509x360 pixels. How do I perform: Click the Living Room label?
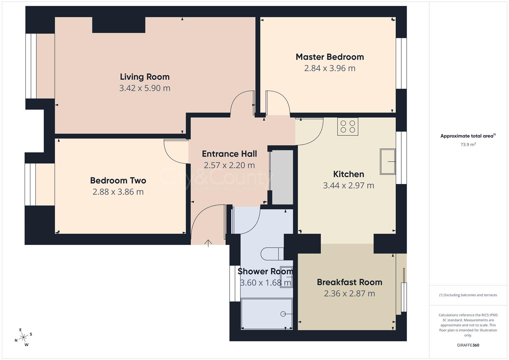145,77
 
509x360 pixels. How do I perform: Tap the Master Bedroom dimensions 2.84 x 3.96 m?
330,68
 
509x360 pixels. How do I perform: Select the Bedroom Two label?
118,180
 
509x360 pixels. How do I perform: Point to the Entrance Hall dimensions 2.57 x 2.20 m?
229,165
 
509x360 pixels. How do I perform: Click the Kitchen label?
348,174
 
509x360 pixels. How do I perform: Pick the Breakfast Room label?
349,282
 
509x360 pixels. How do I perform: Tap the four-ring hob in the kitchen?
348,126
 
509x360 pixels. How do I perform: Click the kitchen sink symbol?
388,162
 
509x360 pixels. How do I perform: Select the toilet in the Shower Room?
272,254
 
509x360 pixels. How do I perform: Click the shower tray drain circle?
283,314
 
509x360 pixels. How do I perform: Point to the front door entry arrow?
208,243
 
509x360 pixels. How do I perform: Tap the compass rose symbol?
23,337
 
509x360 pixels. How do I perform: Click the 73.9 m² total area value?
468,145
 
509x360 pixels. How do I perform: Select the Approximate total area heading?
468,136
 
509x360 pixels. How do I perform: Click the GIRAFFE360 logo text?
468,345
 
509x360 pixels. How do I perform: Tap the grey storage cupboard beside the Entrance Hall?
282,177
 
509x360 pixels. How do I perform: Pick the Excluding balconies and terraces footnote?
468,295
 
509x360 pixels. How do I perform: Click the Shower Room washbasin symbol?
286,277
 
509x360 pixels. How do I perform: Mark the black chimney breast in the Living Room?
119,25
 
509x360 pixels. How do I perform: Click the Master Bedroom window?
401,63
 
